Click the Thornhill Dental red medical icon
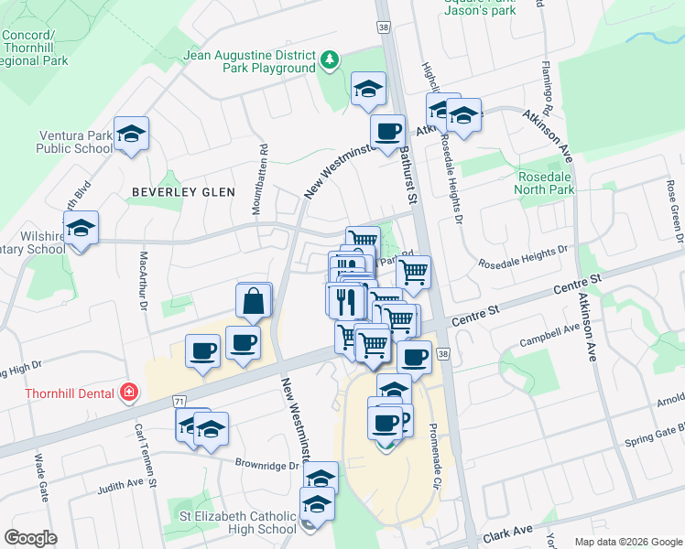click(129, 393)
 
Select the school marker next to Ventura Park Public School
click(131, 134)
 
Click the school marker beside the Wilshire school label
click(81, 228)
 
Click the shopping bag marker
click(254, 299)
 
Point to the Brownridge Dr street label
click(266, 465)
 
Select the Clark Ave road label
click(510, 532)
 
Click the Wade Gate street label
click(42, 477)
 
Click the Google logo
click(31, 538)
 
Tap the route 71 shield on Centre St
click(179, 401)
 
